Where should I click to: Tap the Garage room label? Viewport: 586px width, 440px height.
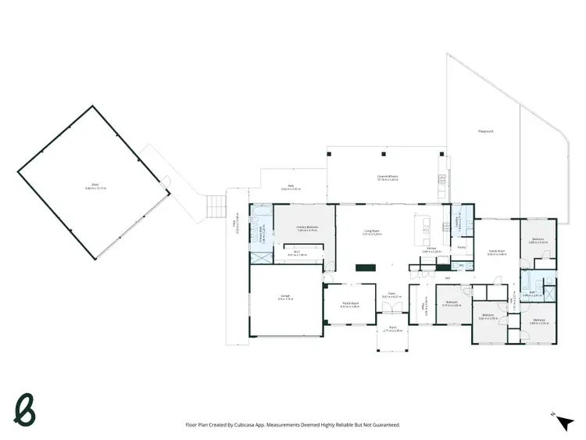(286, 297)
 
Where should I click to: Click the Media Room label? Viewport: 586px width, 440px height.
(349, 306)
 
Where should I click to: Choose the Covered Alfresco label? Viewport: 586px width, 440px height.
(388, 178)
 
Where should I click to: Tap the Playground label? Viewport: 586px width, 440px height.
(485, 132)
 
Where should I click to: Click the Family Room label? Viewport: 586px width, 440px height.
(496, 252)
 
